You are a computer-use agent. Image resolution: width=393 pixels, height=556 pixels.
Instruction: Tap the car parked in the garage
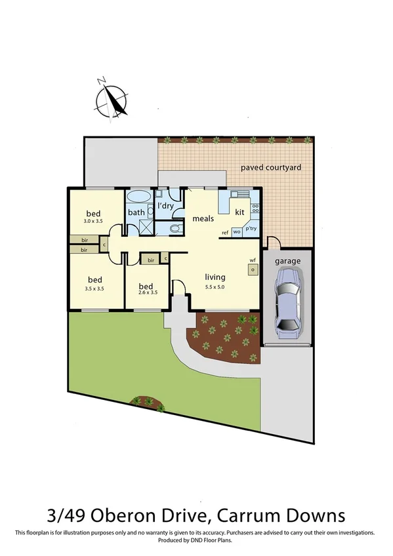[x=287, y=302]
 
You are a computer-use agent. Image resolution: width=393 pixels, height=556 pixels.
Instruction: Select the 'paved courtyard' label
[x=270, y=168]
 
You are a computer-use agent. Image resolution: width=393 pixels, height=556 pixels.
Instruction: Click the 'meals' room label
[x=203, y=218]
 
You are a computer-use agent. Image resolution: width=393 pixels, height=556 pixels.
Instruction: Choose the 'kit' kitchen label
[x=239, y=212]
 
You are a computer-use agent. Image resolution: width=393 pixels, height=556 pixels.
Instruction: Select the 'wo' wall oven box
[x=236, y=232]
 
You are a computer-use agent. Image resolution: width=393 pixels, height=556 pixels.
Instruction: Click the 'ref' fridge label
[x=224, y=232]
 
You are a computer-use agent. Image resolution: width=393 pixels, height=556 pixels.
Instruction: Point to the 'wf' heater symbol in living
[x=252, y=268]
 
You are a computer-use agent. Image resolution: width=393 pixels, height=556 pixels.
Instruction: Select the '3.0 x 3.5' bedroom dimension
[x=94, y=222]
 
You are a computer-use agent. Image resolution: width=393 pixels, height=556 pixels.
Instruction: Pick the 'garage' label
[x=287, y=261]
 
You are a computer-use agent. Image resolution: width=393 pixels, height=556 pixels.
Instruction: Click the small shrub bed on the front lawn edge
[x=145, y=401]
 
